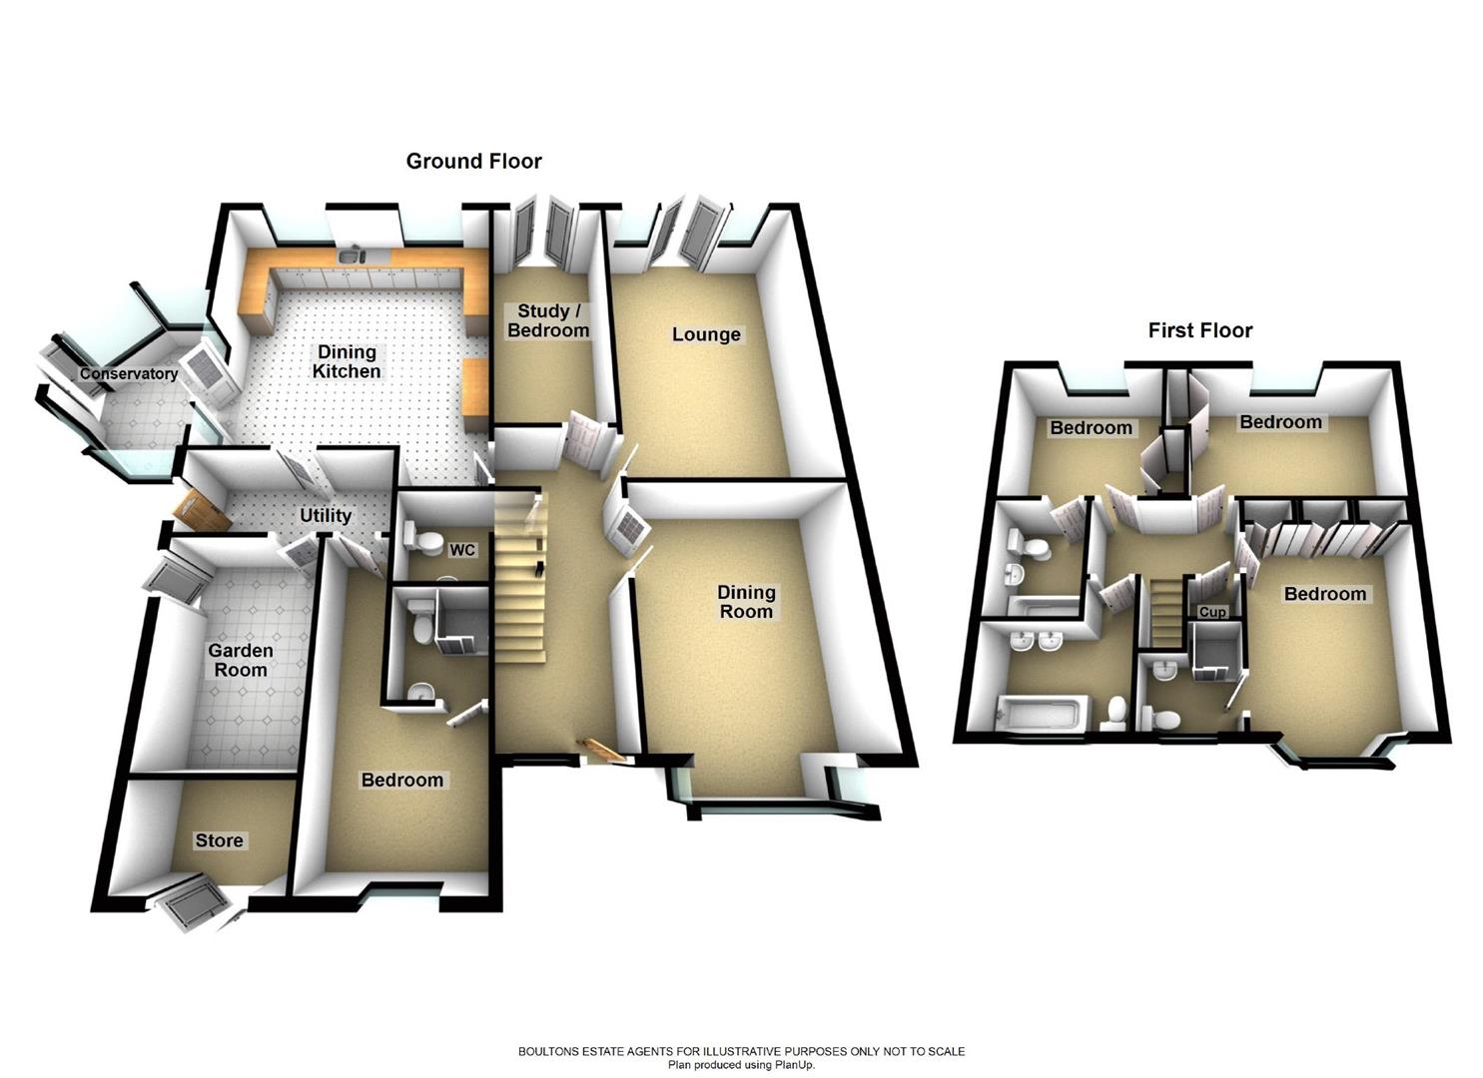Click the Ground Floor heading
[x=473, y=161]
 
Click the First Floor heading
[x=1199, y=330]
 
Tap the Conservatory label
[x=129, y=374]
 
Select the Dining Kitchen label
[x=347, y=361]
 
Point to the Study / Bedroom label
[x=548, y=320]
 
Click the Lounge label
[x=706, y=334]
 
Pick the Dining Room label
[x=746, y=602]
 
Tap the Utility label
[x=326, y=515]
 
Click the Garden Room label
[x=241, y=660]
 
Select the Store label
[x=219, y=840]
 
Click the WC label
[x=462, y=550]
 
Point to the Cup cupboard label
[x=1212, y=611]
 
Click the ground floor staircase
[x=522, y=579]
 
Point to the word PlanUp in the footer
[x=794, y=1065]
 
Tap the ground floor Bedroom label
[x=402, y=780]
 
